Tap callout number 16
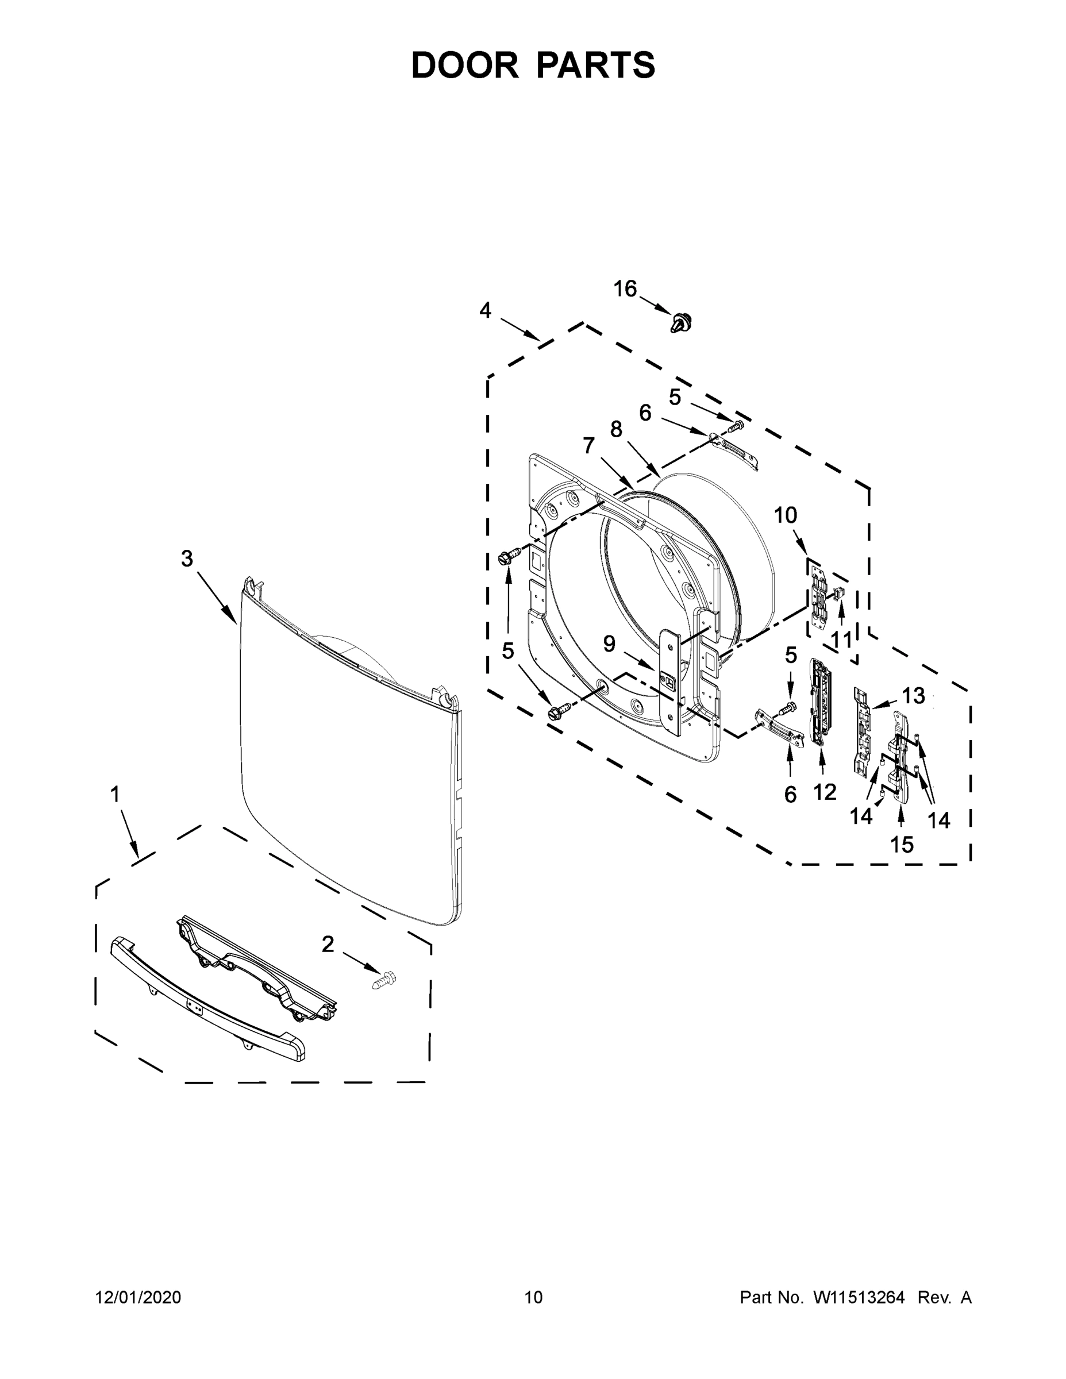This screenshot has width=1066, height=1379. point(625,288)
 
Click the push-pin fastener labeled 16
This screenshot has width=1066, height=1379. point(680,323)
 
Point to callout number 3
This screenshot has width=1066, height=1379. point(187,558)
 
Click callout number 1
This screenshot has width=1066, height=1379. point(115,794)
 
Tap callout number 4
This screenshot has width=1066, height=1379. point(485,310)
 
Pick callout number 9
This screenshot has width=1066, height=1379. point(608,644)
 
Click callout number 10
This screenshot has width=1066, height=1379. point(785,515)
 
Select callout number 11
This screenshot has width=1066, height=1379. point(842,640)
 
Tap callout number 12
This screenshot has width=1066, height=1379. point(824,791)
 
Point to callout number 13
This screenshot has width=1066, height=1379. point(913,696)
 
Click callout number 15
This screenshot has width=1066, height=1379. point(901,844)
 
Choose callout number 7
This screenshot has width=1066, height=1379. point(588,445)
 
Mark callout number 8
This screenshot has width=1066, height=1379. point(615,429)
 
